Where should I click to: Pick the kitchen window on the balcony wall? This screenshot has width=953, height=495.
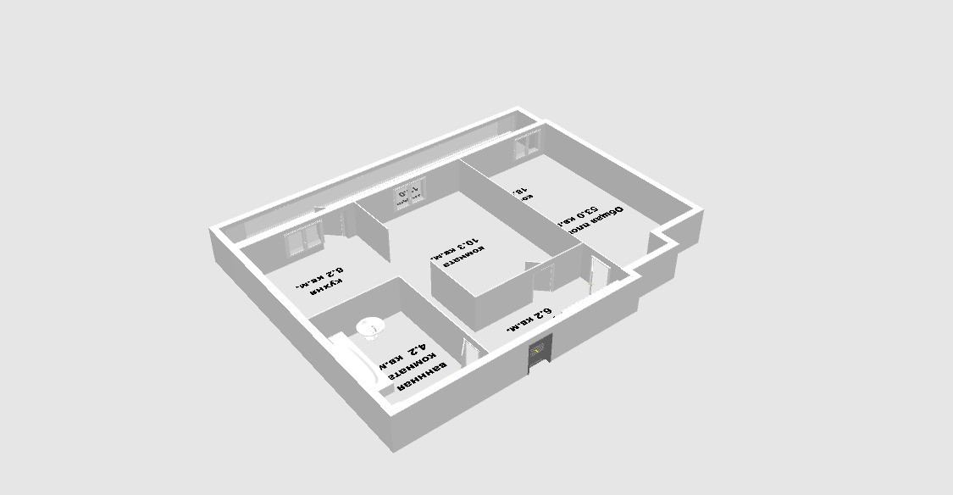304,238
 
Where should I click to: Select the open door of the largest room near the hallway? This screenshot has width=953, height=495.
598,275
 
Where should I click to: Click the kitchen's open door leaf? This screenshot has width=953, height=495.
346,222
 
